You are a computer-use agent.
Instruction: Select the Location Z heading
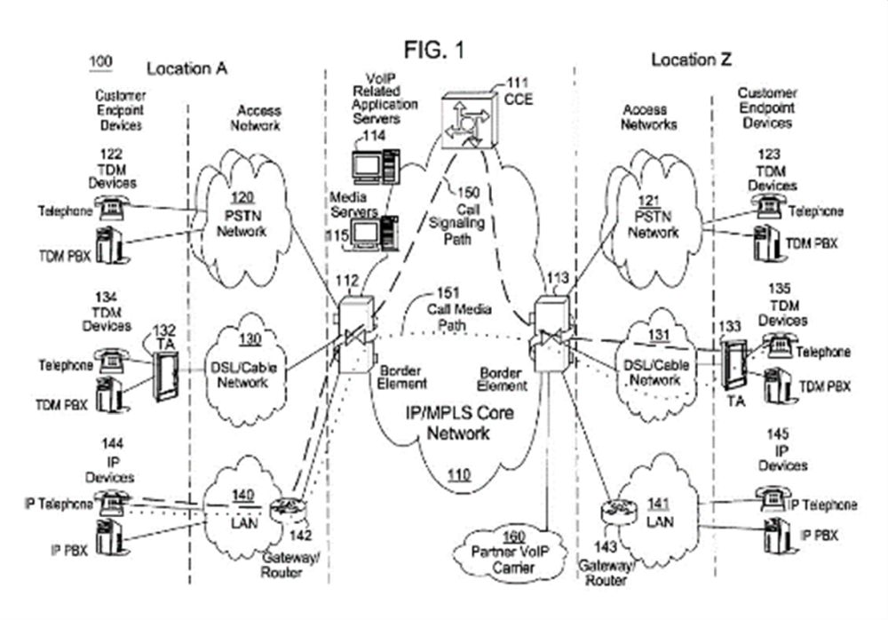(685, 60)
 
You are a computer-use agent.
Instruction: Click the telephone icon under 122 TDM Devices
(111, 208)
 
